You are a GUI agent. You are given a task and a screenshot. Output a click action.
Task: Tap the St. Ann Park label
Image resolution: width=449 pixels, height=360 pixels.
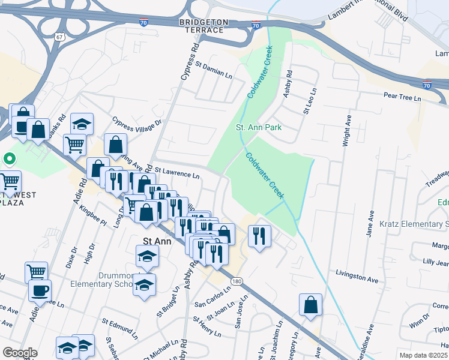click(x=258, y=127)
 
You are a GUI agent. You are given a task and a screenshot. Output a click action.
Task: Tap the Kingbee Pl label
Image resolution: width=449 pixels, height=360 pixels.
click(x=92, y=215)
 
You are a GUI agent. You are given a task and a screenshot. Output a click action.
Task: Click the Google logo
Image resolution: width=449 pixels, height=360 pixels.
click(x=20, y=353)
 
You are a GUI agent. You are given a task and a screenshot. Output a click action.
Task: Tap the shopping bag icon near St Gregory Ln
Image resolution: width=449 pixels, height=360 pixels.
click(x=311, y=305)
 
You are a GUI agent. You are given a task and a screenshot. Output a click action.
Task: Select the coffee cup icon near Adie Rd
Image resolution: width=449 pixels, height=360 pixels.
click(x=40, y=291)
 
